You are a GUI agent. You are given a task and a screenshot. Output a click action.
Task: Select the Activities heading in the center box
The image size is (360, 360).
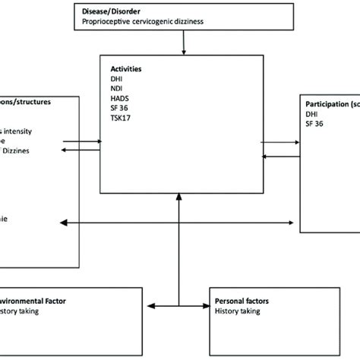point(126,68)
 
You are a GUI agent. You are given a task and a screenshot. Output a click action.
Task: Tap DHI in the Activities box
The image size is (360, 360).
point(116,78)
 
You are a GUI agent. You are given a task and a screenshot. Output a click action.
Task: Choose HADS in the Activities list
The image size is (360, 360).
point(119,98)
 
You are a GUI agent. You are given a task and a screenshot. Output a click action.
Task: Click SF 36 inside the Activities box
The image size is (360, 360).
point(119,108)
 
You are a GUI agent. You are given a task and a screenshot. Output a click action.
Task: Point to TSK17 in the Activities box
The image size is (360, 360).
point(121,118)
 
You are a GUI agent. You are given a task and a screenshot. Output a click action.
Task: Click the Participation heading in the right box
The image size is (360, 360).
point(330,103)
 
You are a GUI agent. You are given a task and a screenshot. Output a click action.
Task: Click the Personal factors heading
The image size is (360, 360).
point(242,302)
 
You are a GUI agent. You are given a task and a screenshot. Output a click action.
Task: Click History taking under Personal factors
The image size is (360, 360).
point(238,311)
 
